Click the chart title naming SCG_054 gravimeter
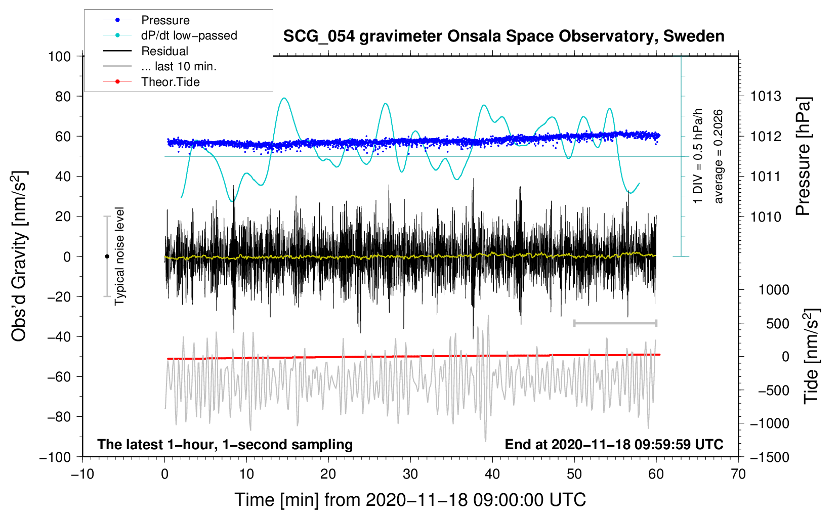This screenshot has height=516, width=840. (503, 36)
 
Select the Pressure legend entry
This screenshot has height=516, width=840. (165, 20)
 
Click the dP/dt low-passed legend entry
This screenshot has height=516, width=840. (189, 35)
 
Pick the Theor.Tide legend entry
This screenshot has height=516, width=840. (170, 82)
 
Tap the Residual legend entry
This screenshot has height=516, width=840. (164, 51)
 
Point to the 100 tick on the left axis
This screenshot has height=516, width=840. (59, 56)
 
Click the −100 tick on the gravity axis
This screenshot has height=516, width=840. (55, 457)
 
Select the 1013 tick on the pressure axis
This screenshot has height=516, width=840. (766, 96)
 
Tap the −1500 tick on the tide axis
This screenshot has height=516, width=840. (769, 457)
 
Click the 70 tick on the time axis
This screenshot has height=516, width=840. (738, 475)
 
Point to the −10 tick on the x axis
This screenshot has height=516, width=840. (82, 475)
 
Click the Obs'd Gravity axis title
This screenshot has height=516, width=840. (19, 256)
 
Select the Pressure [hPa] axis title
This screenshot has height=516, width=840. (803, 157)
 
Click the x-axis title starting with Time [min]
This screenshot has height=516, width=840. (410, 500)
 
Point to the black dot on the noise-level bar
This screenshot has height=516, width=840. (107, 256)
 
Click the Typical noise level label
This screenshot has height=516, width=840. (119, 256)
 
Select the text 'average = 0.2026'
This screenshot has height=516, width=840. (719, 157)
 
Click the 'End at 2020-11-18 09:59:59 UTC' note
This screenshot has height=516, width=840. (614, 445)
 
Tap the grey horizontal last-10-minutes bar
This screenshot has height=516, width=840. (615, 323)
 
